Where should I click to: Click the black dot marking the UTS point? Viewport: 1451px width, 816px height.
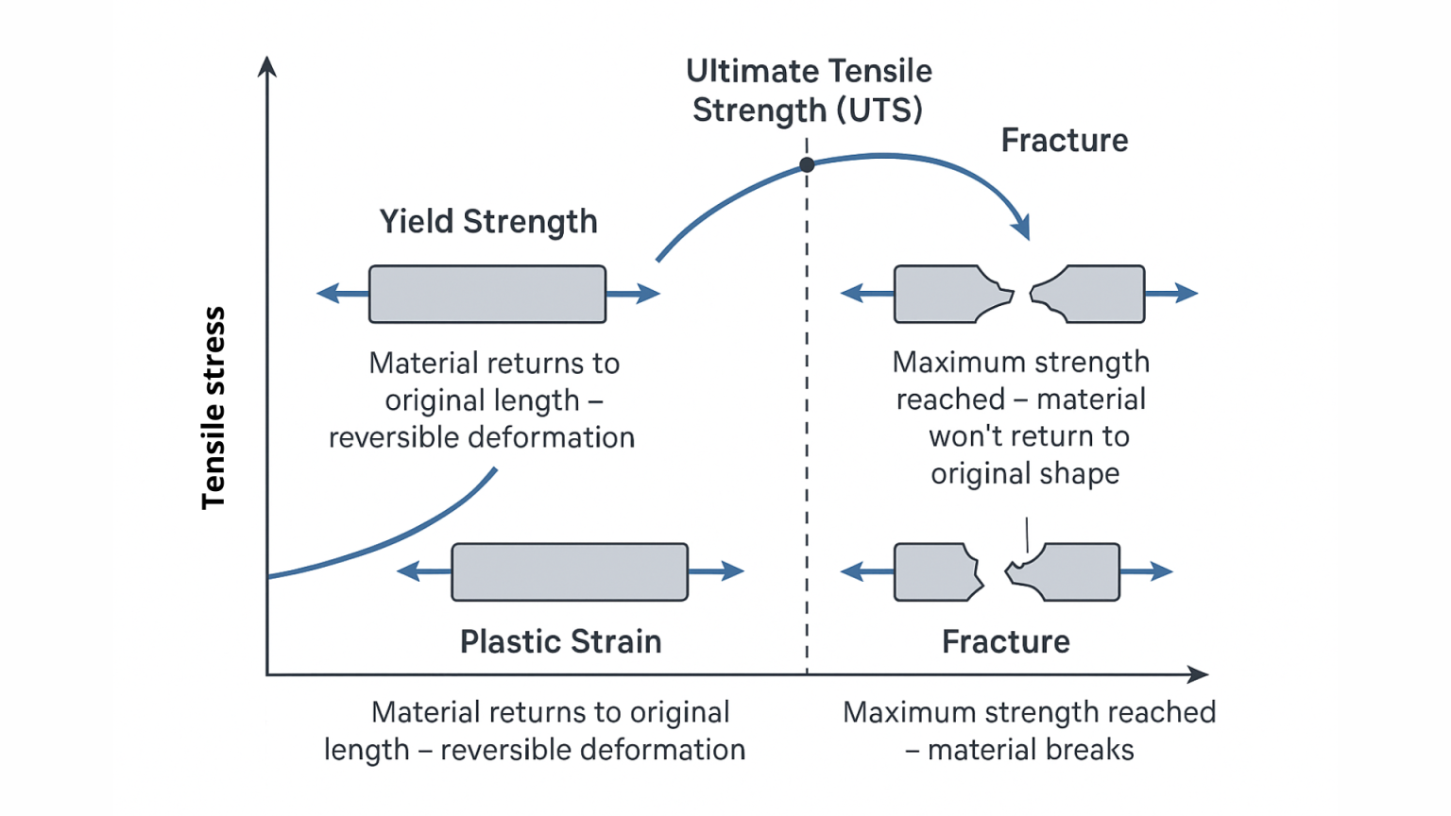(807, 164)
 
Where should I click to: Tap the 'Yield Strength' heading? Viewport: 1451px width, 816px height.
(488, 222)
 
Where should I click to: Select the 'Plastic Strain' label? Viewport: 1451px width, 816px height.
(560, 642)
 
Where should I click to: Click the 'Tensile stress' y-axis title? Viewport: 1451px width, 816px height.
(214, 407)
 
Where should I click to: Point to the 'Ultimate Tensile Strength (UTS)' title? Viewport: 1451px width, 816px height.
(809, 91)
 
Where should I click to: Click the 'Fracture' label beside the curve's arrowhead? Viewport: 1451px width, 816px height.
(1065, 141)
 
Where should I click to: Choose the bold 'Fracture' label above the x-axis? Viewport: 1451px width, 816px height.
(1006, 642)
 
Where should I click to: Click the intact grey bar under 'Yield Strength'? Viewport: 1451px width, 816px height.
(487, 295)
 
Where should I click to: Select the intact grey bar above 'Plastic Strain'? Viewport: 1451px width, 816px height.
(570, 572)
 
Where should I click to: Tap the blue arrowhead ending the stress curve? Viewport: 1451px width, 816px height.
(1021, 228)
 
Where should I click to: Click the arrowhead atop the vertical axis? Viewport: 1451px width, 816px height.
(267, 66)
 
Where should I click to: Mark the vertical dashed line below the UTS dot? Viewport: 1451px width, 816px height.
(807, 425)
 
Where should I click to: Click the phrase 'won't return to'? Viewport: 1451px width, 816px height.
(1029, 436)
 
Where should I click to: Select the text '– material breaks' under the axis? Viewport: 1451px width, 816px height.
(1019, 750)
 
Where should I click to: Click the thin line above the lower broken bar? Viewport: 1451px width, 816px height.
(1027, 534)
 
